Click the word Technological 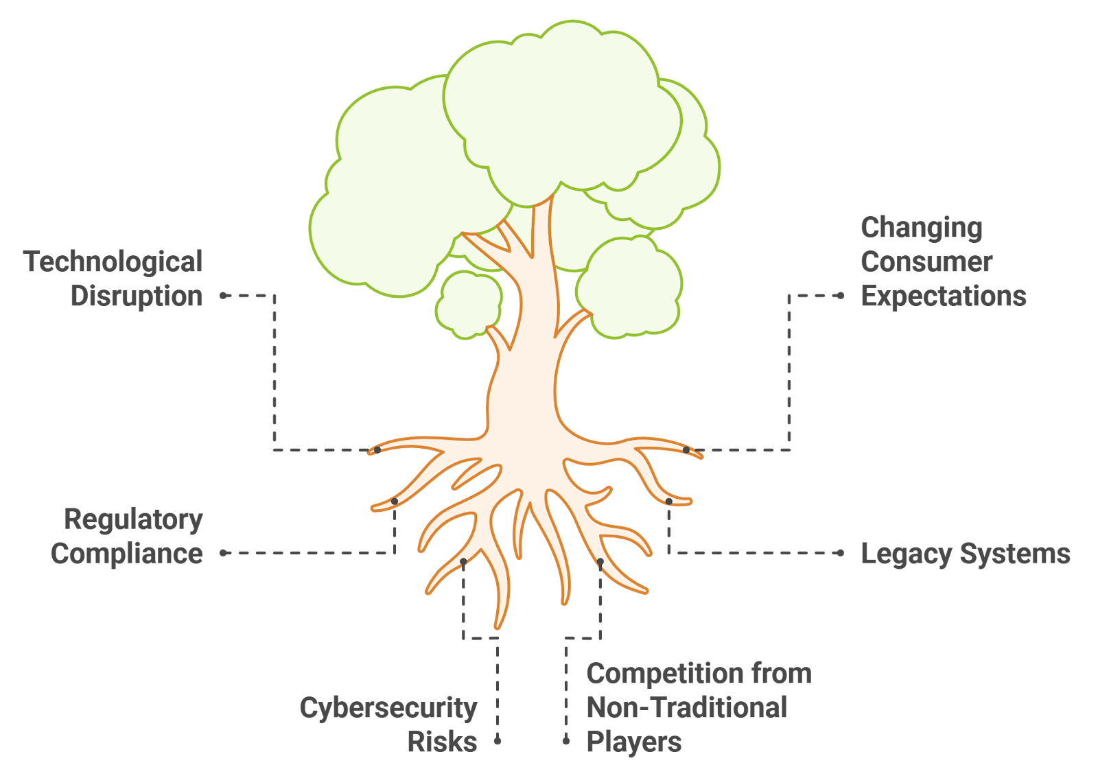click(x=113, y=262)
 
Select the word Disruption click(x=137, y=296)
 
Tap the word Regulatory click(x=133, y=519)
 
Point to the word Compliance click(x=127, y=554)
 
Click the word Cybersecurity click(x=388, y=708)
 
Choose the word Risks click(x=442, y=742)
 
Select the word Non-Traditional click(x=687, y=708)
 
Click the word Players click(x=634, y=742)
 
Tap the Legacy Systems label click(x=966, y=554)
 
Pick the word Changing click(x=922, y=228)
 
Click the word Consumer click(x=926, y=262)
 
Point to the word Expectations click(x=944, y=296)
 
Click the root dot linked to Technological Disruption click(x=377, y=450)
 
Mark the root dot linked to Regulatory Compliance click(x=395, y=502)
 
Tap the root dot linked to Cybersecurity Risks click(x=463, y=562)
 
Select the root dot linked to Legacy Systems click(x=669, y=502)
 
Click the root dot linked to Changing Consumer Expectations click(x=686, y=450)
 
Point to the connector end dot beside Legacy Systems click(x=841, y=553)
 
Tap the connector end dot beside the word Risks click(x=498, y=741)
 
